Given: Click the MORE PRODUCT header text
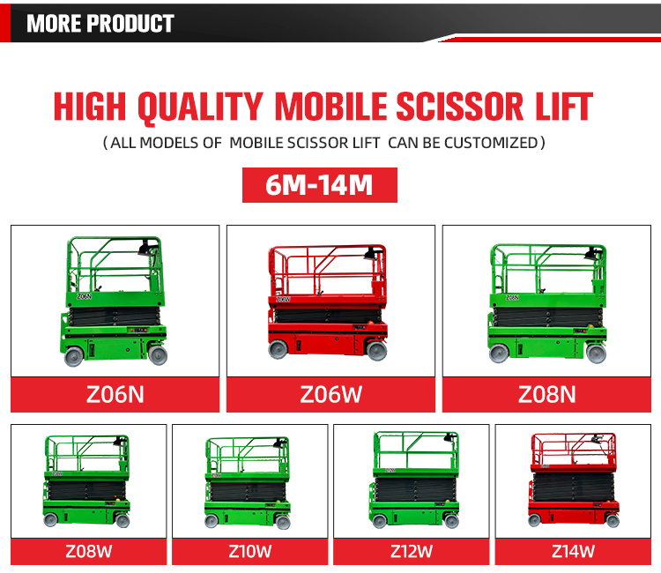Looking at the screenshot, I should pos(100,23).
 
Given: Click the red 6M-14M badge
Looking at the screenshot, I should pos(319,186).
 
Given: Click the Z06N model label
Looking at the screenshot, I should pos(115,394).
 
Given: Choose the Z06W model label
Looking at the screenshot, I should pos(330,394).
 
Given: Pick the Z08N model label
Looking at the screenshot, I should pos(546,394).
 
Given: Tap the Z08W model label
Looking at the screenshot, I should pos(88,553).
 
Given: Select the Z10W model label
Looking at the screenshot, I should pos(249,553).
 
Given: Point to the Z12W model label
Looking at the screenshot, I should pos(412,553).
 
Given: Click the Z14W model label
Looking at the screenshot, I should pos(573,553).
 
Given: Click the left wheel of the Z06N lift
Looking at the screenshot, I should pos(74,356).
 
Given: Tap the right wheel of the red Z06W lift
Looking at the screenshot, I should pos(376,351).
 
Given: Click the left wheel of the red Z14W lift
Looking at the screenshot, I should pos(535,520).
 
